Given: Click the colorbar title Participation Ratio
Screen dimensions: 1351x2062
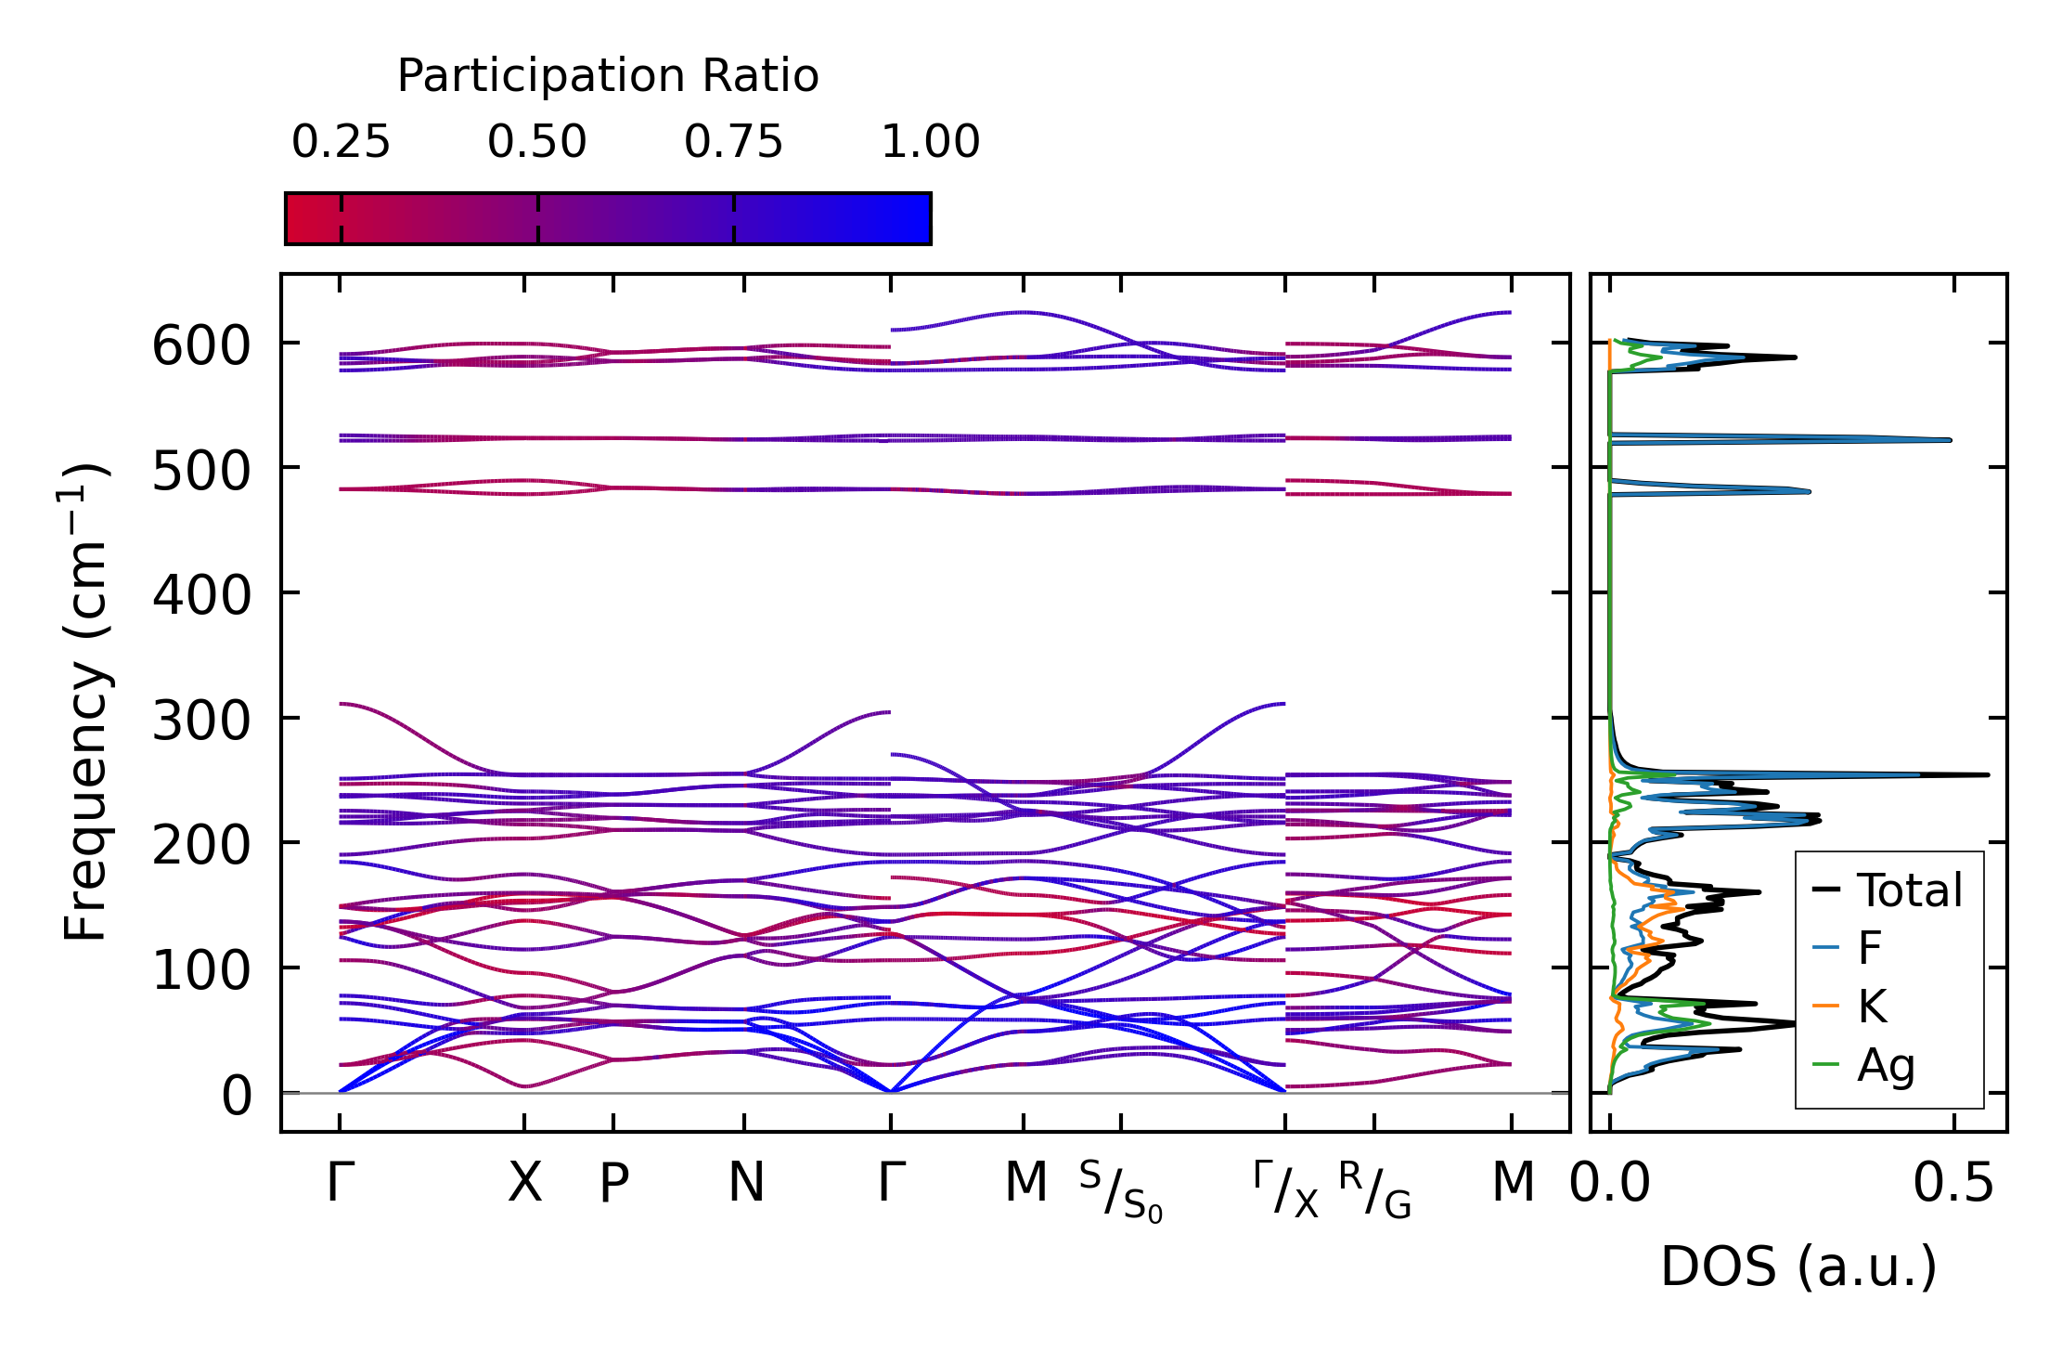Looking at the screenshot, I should [608, 76].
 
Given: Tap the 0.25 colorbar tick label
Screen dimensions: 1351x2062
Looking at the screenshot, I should [341, 142].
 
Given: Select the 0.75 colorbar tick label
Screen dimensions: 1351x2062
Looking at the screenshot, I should [733, 142].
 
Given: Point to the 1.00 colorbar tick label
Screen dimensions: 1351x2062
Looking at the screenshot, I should [930, 142].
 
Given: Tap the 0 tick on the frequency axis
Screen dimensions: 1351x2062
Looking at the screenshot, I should [236, 1096].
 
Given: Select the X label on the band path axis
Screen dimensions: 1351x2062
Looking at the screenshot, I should [524, 1183].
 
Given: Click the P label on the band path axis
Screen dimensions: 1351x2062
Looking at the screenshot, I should [613, 1183].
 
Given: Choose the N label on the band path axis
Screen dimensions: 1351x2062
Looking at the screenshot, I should [745, 1183].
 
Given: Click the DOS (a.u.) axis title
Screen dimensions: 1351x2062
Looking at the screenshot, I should [1798, 1267].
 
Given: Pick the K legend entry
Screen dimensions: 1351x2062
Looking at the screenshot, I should [1872, 1007].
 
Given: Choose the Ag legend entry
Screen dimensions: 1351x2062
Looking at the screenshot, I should [1886, 1065].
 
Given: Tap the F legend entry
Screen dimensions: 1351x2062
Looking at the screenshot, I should [1869, 948].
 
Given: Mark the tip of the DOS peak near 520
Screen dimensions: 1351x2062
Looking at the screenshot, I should [1950, 440].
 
